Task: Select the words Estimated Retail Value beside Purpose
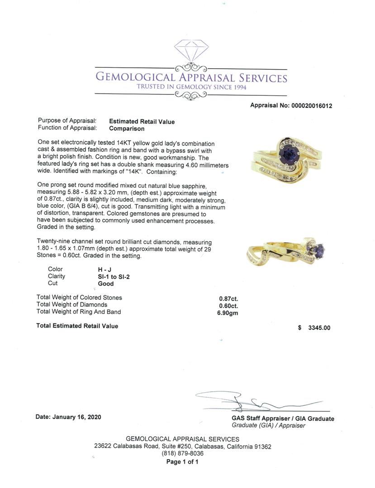[x=142, y=122]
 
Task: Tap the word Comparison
[x=127, y=128]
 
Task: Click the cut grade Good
[x=105, y=284]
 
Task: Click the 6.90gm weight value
[x=228, y=312]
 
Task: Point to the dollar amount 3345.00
[x=319, y=328]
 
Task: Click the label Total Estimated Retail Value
[x=77, y=326]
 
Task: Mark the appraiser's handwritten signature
[x=253, y=401]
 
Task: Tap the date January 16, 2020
[x=68, y=417]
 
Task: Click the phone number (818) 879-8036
[x=182, y=454]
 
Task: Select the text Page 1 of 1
[x=182, y=462]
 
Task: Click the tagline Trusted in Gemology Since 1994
[x=192, y=87]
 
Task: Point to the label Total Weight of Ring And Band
[x=79, y=312]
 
